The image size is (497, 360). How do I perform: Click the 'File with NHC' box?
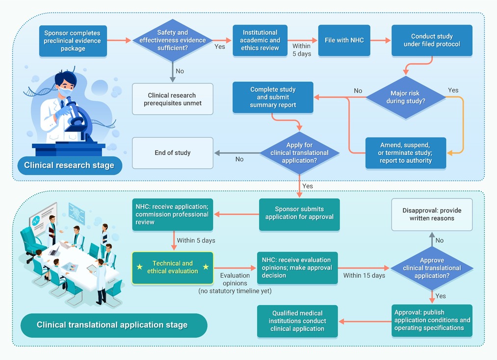(x=344, y=41)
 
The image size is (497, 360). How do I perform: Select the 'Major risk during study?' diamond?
(x=406, y=97)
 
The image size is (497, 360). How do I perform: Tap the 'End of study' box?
(x=172, y=153)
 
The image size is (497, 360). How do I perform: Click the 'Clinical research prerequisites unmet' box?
(x=172, y=99)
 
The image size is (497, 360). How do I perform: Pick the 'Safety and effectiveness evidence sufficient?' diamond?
(x=172, y=40)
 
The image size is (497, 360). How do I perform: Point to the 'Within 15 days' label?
(x=364, y=275)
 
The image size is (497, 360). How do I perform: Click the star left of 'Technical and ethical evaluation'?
(x=139, y=267)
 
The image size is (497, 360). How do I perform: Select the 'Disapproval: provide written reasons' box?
(x=432, y=214)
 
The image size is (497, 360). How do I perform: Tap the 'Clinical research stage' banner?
(x=70, y=165)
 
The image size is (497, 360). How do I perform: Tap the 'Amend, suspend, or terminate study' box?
(x=406, y=153)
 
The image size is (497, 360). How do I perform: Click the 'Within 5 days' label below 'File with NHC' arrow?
(x=301, y=50)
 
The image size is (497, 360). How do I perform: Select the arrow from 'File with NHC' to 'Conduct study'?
(x=380, y=40)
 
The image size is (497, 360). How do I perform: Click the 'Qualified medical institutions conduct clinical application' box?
(x=297, y=321)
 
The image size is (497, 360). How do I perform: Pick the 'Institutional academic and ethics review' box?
(x=260, y=41)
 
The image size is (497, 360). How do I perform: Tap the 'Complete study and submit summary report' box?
(x=273, y=97)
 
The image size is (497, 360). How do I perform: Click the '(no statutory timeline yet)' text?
(x=235, y=291)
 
